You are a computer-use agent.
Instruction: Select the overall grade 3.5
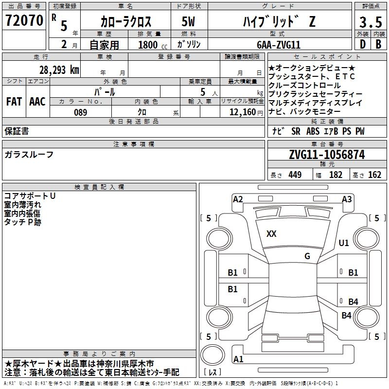pos(370,22)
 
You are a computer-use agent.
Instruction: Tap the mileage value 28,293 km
pos(59,70)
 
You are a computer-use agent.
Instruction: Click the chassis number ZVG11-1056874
pos(327,155)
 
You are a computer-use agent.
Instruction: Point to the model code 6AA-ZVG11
pos(279,45)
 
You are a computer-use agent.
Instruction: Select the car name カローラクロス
pos(126,22)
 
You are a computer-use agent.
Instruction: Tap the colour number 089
pos(80,112)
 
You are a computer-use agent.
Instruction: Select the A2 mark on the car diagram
pos(238,199)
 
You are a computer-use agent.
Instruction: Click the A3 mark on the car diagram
pos(347,199)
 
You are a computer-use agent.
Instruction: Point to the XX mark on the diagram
pos(271,234)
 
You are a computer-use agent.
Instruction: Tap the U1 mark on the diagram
pos(344,243)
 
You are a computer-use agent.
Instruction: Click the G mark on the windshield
pos(307,256)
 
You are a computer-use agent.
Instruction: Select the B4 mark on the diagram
pos(353,301)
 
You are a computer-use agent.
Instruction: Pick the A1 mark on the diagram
pos(238,359)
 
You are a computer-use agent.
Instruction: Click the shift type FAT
pos(14,101)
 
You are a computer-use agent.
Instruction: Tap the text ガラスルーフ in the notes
pos(29,155)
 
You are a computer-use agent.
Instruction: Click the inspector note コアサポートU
pos(30,196)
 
